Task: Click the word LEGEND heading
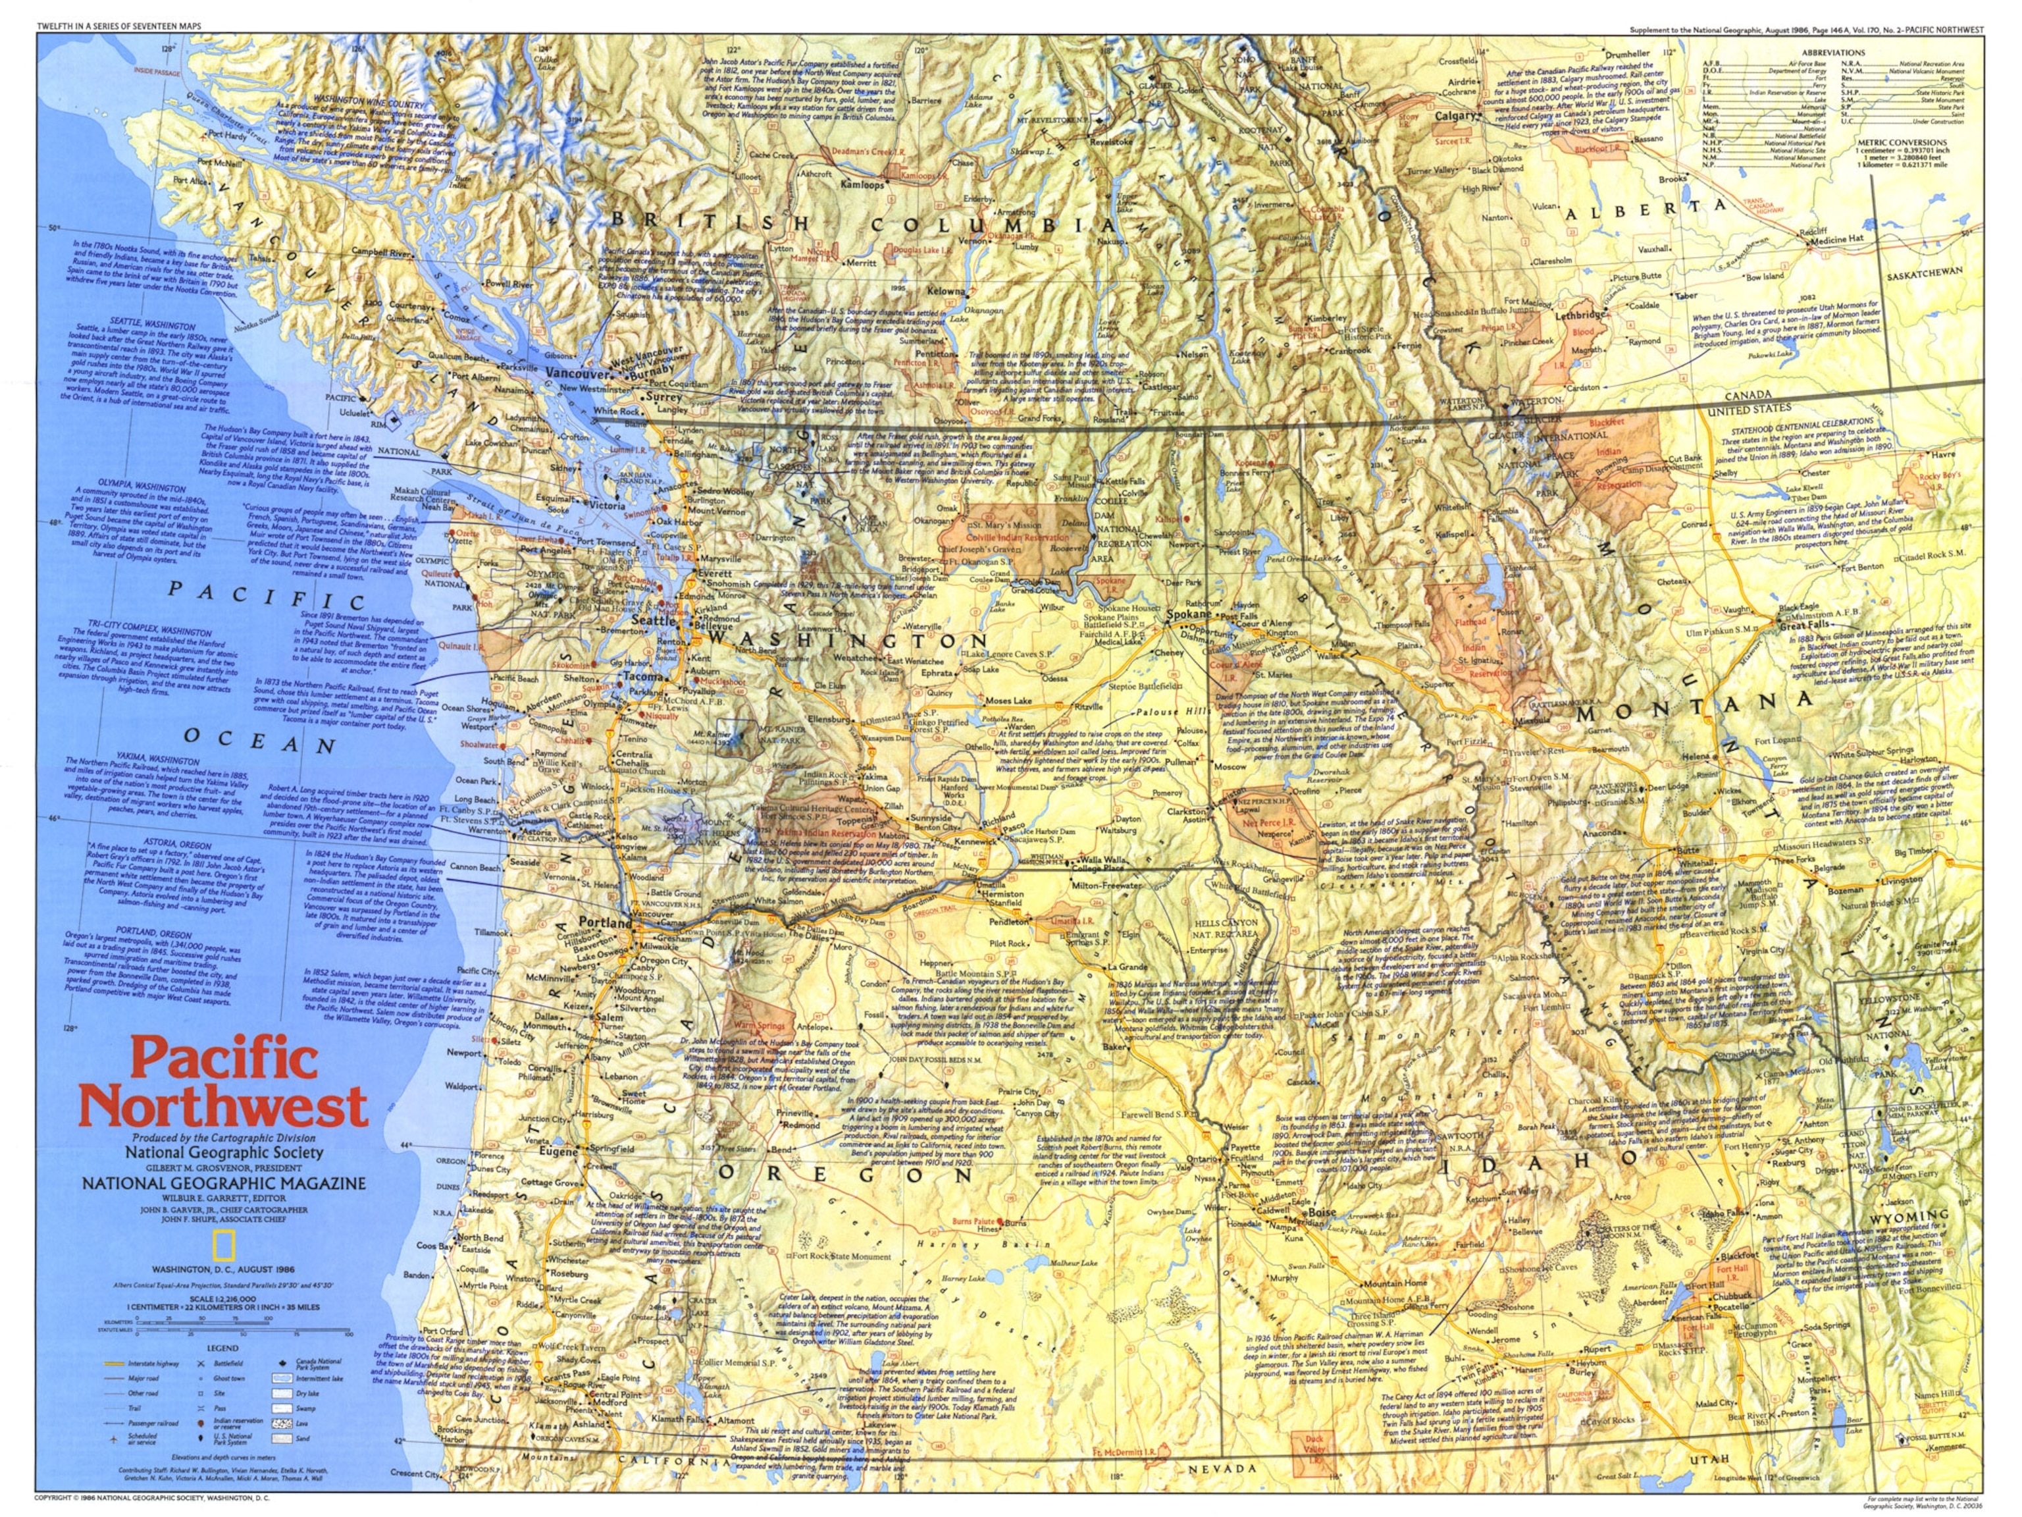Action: tap(221, 1348)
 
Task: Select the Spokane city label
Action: tap(1187, 614)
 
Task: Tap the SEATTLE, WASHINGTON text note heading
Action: tap(153, 325)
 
